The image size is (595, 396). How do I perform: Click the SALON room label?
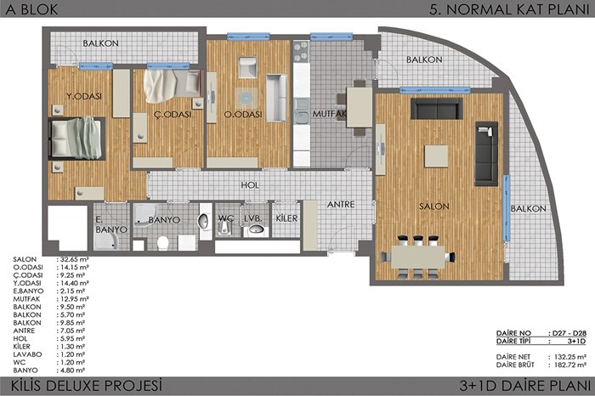click(x=433, y=206)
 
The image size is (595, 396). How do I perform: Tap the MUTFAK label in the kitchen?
click(x=330, y=113)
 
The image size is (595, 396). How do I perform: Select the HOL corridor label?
click(x=250, y=185)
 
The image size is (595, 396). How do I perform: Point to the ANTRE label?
click(x=341, y=205)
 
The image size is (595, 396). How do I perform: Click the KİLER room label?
click(x=286, y=218)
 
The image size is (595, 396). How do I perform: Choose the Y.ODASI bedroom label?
click(x=84, y=96)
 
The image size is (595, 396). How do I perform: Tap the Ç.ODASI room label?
click(x=173, y=114)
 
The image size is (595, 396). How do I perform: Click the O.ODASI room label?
click(x=243, y=114)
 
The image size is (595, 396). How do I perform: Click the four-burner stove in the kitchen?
click(x=302, y=52)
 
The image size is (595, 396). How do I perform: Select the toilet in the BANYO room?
click(x=163, y=243)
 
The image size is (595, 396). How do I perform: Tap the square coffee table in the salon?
click(x=436, y=156)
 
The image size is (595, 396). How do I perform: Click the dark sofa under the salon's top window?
click(x=437, y=109)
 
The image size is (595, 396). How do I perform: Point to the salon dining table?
click(x=417, y=257)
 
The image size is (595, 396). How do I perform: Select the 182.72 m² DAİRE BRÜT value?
click(x=570, y=365)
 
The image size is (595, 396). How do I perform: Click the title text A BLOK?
click(x=31, y=9)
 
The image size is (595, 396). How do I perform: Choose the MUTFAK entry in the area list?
click(x=26, y=299)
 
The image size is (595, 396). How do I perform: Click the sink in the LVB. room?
click(x=257, y=229)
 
